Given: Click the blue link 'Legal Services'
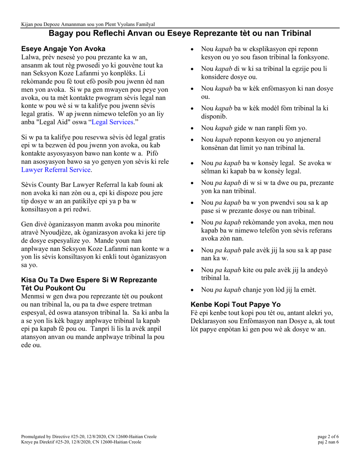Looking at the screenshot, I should pyautogui.click(x=113, y=122).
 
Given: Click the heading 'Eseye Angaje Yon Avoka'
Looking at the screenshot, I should pyautogui.click(x=63, y=49).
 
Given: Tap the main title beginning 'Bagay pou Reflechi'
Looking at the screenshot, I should pyautogui.click(x=180, y=33).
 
